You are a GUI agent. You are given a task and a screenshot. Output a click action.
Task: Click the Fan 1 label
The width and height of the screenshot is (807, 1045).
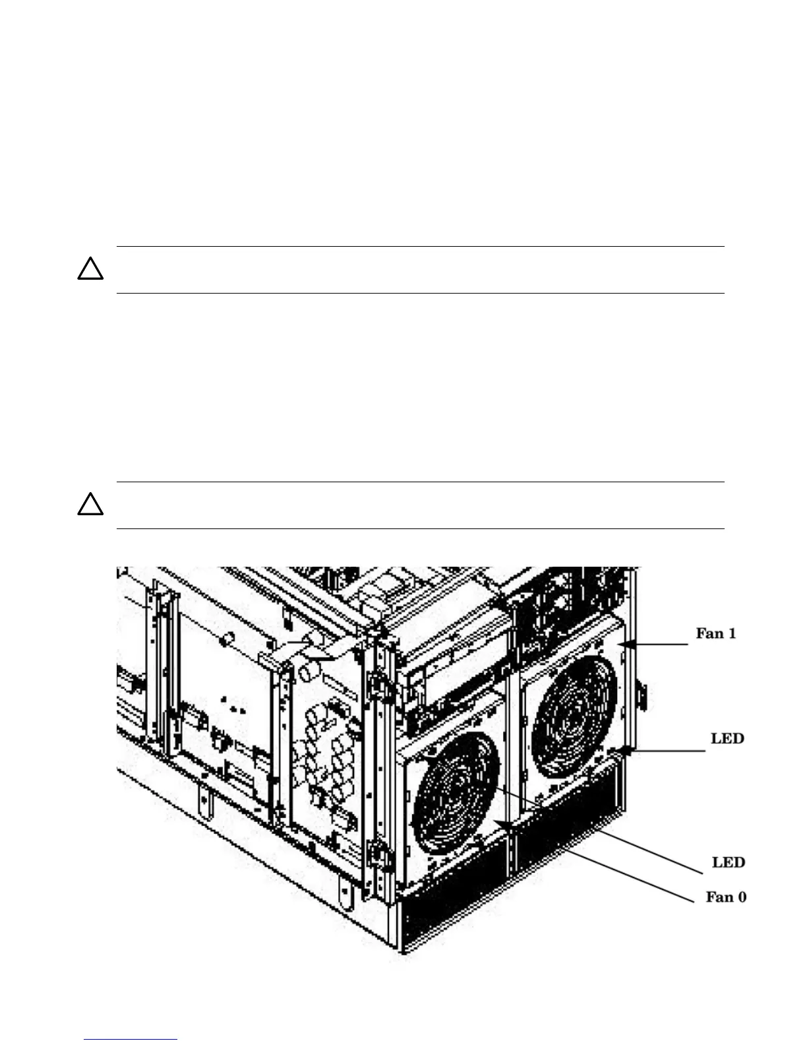(x=716, y=634)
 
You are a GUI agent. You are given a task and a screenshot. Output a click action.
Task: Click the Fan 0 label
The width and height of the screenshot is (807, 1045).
(x=726, y=897)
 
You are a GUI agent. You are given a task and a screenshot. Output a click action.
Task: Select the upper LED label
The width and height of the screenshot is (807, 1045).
(x=727, y=738)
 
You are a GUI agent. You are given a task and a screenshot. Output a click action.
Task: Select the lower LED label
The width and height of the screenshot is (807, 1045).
(x=729, y=862)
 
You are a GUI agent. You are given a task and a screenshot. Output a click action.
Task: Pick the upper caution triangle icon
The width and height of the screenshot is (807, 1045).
(x=90, y=269)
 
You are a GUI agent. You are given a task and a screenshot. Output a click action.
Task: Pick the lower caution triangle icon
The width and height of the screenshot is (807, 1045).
(x=90, y=504)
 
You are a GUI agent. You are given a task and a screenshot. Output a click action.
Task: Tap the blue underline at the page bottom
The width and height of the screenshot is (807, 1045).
(x=131, y=1039)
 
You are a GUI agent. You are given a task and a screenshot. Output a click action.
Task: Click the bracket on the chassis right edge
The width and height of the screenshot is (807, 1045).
(x=642, y=697)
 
